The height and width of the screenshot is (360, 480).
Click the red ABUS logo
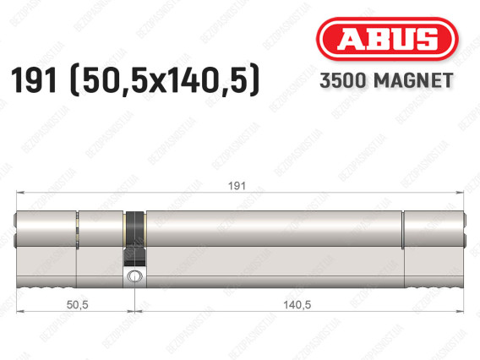click(x=387, y=39)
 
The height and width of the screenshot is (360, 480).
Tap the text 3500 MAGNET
click(x=386, y=80)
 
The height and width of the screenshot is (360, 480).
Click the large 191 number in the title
click(x=34, y=80)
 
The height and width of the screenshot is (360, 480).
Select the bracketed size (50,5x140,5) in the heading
click(x=165, y=80)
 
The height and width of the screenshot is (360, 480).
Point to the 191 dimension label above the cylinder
click(x=237, y=186)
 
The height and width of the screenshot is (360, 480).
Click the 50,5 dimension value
click(x=78, y=304)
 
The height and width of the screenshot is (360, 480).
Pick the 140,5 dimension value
click(x=297, y=304)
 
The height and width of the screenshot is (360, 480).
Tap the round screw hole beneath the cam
click(x=134, y=276)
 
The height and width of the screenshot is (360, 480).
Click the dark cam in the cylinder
click(x=135, y=239)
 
